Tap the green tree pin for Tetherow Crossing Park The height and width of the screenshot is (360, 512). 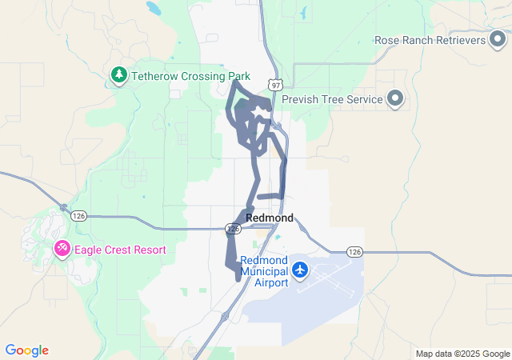click(119, 75)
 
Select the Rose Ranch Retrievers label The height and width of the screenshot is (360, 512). click(430, 40)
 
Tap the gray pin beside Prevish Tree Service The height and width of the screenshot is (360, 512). click(395, 99)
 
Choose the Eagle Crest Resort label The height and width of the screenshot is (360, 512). click(120, 250)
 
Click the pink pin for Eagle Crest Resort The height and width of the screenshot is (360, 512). click(62, 250)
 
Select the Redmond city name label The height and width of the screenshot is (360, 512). click(270, 218)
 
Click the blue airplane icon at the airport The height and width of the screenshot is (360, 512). click(300, 270)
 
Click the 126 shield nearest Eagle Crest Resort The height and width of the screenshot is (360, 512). click(78, 216)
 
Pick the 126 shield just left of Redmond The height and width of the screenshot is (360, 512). click(233, 229)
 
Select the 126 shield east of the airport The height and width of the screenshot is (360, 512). click(355, 252)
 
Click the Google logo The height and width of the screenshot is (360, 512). click(26, 350)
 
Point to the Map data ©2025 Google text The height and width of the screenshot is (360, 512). click(462, 354)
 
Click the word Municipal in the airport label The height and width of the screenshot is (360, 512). click(265, 271)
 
